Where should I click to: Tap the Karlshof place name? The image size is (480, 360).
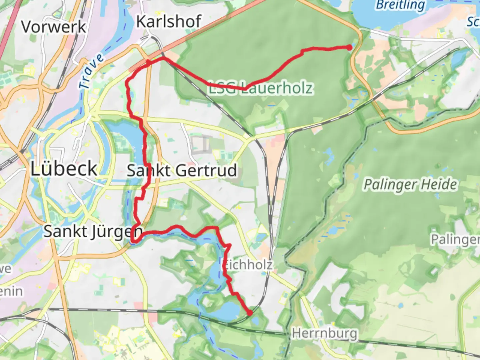[169, 22]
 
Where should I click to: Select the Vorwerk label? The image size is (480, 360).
[54, 27]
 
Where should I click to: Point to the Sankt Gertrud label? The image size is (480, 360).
[182, 171]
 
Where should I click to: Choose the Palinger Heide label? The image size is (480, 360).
[410, 184]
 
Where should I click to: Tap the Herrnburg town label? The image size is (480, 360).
[324, 333]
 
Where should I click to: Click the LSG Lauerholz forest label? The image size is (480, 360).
[261, 88]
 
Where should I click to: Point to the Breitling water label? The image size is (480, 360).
[400, 5]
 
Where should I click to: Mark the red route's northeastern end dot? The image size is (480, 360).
[349, 47]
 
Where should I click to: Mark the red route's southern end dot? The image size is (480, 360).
[250, 313]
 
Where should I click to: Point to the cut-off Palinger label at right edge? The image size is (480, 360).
[455, 239]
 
